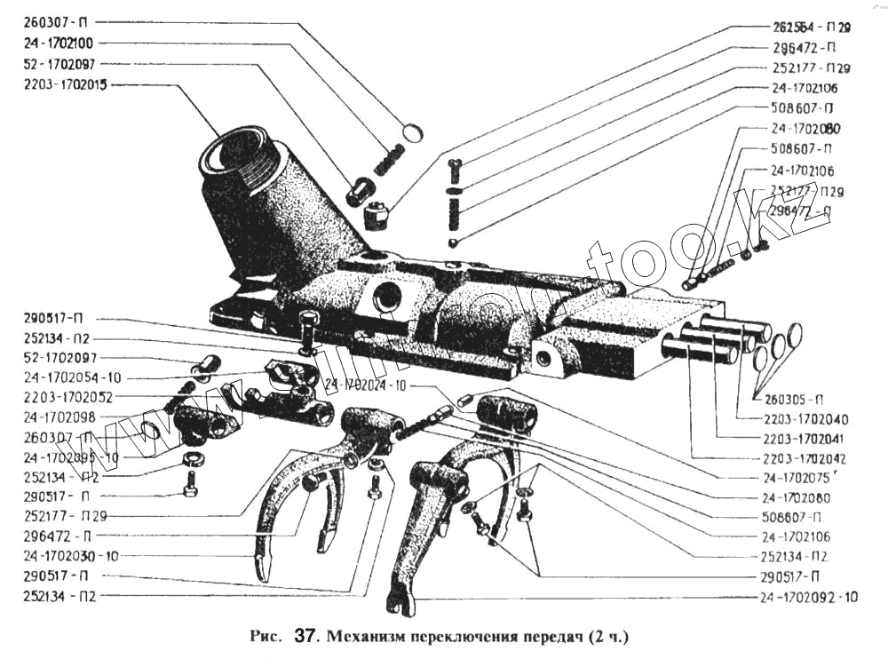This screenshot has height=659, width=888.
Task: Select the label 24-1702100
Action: click(59, 43)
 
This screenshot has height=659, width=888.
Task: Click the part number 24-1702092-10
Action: click(808, 597)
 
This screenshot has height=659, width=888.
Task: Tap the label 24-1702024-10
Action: click(365, 385)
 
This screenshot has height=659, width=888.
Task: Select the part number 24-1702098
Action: click(59, 417)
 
